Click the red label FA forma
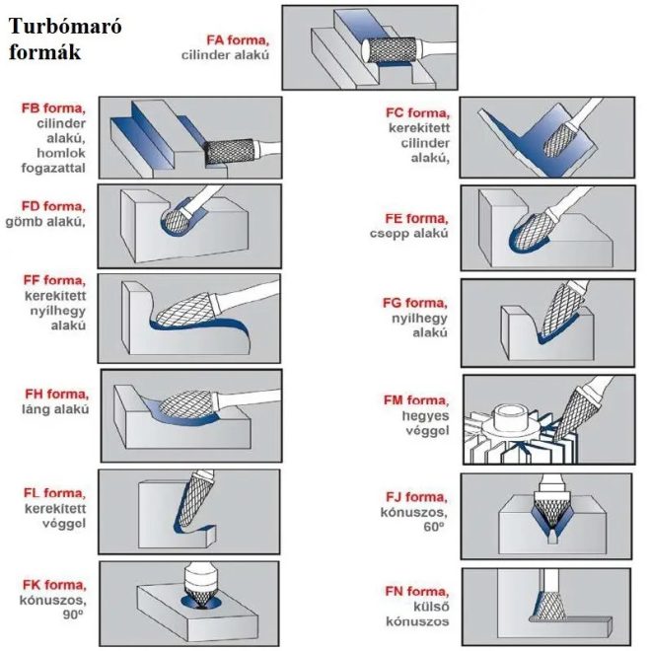238,40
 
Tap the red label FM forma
415,400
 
